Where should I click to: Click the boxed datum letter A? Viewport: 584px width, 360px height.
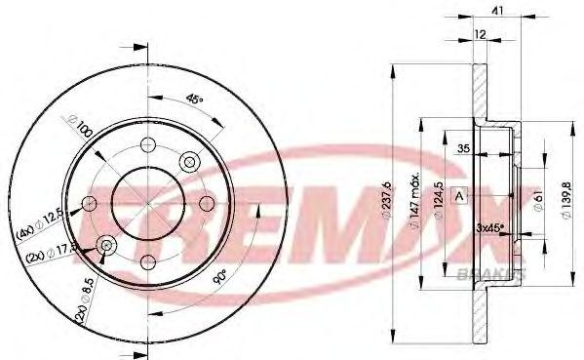click(459, 195)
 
